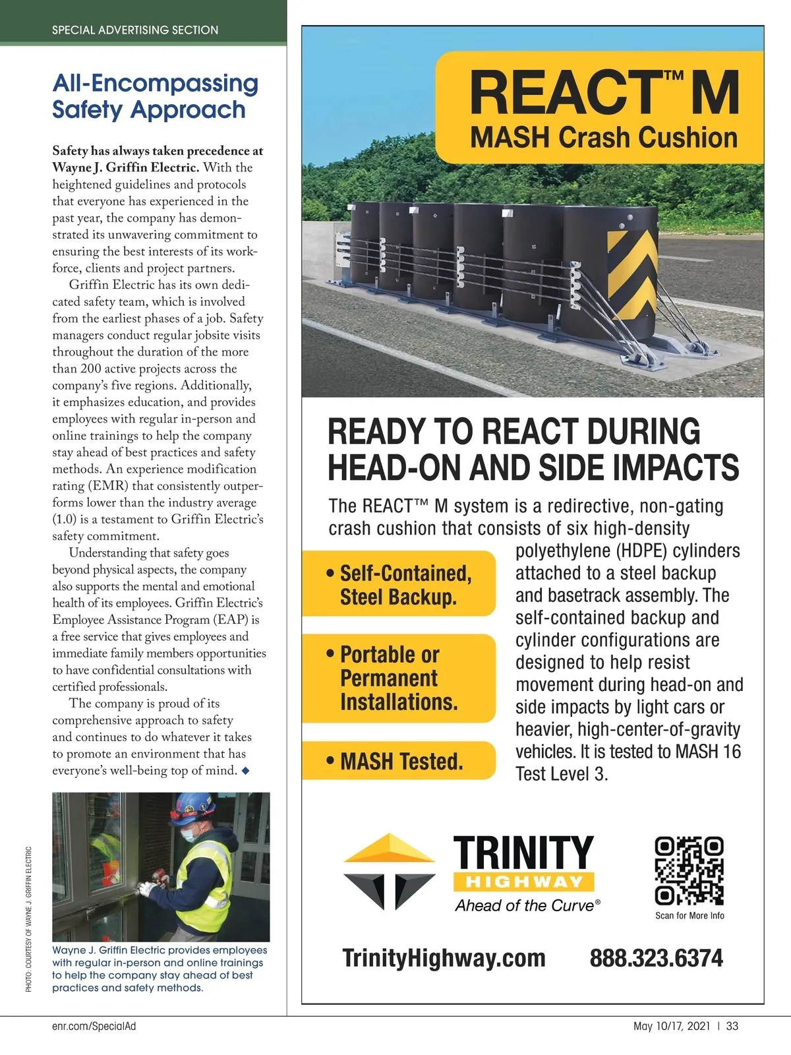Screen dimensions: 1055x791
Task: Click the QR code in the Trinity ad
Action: tap(689, 871)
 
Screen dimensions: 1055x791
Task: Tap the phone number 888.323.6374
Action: tap(656, 958)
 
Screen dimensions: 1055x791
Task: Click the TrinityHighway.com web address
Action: tap(444, 958)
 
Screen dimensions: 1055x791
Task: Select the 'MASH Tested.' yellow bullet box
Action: tap(398, 761)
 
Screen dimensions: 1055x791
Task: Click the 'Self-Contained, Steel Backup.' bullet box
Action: tap(398, 584)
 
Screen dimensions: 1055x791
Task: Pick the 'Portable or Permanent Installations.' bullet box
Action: tap(398, 678)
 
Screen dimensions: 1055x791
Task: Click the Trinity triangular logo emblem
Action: tap(390, 871)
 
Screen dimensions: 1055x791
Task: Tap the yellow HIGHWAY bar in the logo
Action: tap(524, 882)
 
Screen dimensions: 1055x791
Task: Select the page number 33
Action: tap(732, 1026)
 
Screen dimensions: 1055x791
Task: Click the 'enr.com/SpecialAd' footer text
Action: tap(94, 1026)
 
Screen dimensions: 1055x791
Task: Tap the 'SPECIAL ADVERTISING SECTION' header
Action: tap(135, 30)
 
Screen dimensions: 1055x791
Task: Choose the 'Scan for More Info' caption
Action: tap(689, 916)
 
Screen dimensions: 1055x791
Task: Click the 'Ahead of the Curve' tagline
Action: tap(525, 906)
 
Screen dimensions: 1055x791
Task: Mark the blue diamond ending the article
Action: tap(246, 771)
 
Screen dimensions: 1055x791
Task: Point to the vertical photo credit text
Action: tap(29, 919)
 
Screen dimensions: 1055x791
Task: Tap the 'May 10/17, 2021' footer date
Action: tap(672, 1026)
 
